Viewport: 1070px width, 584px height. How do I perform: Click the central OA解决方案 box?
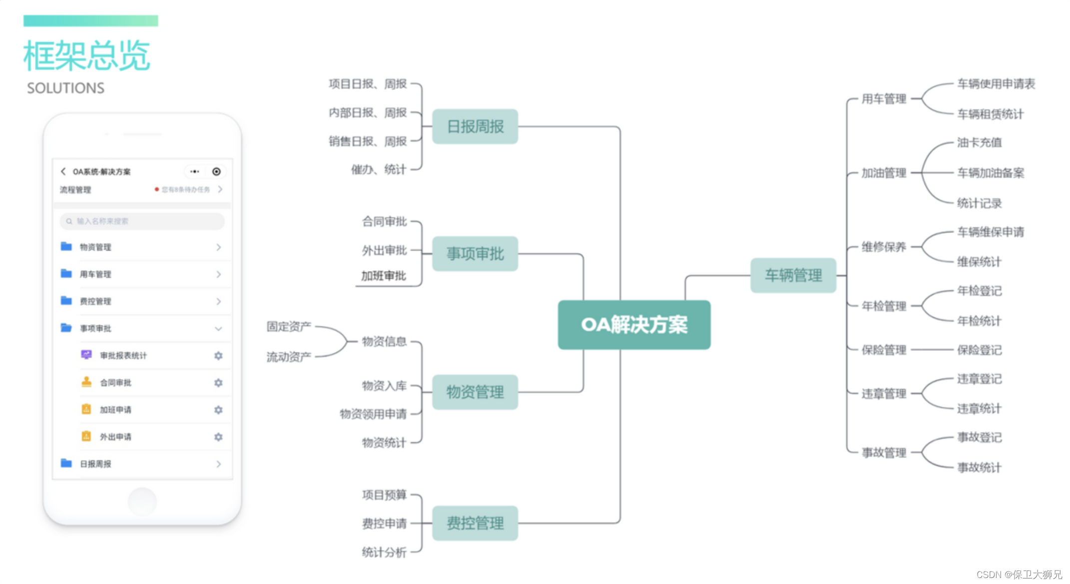634,325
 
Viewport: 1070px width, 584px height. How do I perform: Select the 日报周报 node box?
475,126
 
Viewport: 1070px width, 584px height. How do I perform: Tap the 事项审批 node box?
475,254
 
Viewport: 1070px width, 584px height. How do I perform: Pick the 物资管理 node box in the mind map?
475,392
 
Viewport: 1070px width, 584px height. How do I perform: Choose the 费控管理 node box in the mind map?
475,523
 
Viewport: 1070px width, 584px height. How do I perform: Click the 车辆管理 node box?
793,275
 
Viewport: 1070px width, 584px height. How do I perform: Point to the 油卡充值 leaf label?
979,142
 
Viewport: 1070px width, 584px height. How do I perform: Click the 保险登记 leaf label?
979,350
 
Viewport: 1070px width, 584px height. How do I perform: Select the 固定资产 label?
289,326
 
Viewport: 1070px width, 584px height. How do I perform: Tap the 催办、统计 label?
379,169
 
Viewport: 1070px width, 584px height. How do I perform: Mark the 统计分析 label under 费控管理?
384,552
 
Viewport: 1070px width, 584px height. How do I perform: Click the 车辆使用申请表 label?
996,84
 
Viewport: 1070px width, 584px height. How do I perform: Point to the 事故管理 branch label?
884,452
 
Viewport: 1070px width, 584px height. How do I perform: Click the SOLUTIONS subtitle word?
65,88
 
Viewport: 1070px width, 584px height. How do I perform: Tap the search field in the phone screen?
142,221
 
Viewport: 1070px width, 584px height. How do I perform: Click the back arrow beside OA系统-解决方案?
63,171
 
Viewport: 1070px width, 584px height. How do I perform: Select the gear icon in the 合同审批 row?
218,383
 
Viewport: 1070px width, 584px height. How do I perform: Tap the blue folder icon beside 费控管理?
66,300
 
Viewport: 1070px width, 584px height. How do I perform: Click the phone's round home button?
142,501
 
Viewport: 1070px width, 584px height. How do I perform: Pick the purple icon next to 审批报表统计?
86,355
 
